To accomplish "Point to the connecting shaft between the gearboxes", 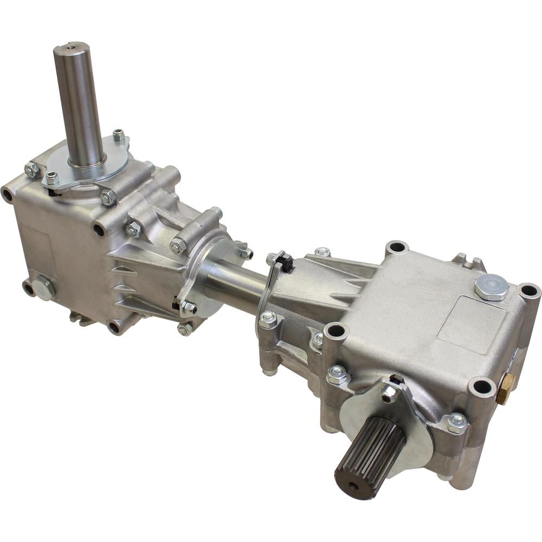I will click(236, 285).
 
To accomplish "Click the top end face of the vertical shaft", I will click(71, 48).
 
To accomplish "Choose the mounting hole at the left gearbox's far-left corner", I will click(7, 194).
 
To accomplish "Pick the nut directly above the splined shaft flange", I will click(389, 393).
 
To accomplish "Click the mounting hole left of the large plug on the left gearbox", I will click(27, 287).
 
